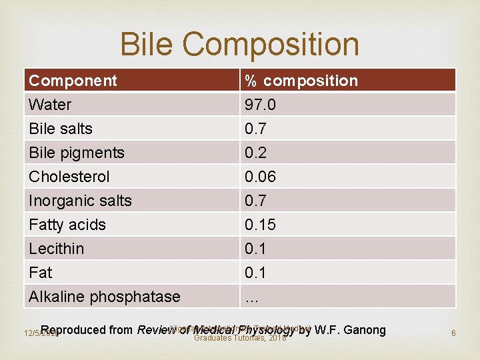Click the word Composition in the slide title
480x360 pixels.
coord(271,45)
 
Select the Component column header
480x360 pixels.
coord(73,81)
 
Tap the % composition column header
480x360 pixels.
coord(301,81)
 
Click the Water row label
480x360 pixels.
coord(50,105)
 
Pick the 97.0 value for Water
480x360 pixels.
coord(261,105)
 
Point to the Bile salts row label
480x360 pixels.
coord(61,129)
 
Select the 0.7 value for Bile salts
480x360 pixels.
coord(255,129)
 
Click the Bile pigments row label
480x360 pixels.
coord(77,153)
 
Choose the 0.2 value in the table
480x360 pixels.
coord(255,153)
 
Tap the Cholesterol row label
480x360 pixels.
coord(69,177)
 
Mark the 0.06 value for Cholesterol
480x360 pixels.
coord(260,177)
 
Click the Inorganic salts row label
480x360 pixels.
coord(80,201)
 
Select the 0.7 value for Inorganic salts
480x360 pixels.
coord(255,201)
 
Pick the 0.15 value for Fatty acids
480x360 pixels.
coord(260,225)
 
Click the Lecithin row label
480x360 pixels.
coord(57,249)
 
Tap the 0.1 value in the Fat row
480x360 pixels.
coord(255,273)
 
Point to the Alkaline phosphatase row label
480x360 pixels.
coord(105,297)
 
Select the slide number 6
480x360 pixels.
coord(453,333)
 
